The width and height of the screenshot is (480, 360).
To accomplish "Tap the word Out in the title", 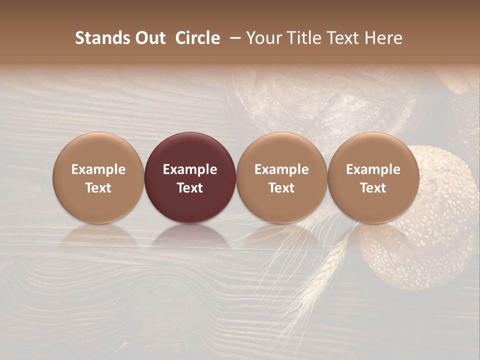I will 149,38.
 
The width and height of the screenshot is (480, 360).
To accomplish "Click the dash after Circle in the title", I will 236,38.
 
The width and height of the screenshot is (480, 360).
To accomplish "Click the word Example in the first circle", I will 98,169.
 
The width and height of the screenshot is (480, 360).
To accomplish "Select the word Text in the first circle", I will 98,188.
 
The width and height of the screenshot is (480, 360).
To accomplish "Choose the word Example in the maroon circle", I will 190,169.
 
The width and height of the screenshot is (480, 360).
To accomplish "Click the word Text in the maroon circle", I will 190,188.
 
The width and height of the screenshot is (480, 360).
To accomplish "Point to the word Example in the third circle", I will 281,169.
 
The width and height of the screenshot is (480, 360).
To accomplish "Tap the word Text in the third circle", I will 281,188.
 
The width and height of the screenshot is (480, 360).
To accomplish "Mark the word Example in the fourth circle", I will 373,169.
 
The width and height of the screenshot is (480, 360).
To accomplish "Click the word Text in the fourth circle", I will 373,188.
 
